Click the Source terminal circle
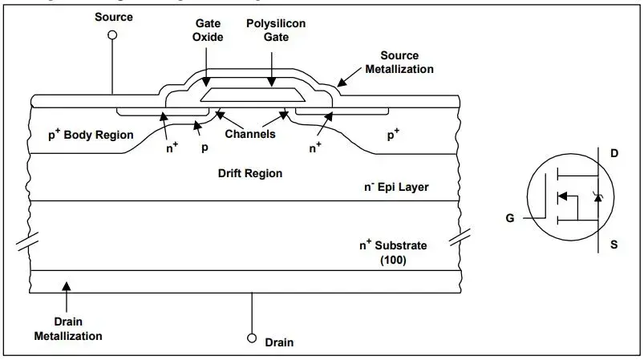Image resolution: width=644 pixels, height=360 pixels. pyautogui.click(x=112, y=35)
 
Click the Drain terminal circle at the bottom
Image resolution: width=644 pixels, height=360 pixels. pyautogui.click(x=252, y=337)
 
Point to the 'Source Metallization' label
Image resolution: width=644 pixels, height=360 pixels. pyautogui.click(x=399, y=63)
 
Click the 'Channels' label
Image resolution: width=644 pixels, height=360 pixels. pyautogui.click(x=250, y=134)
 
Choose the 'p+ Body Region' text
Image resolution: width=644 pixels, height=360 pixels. pyautogui.click(x=91, y=135)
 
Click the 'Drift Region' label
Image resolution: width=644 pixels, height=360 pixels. pyautogui.click(x=250, y=172)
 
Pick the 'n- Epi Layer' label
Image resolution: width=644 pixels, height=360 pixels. pyautogui.click(x=396, y=187)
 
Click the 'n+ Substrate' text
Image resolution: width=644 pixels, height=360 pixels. pyautogui.click(x=393, y=245)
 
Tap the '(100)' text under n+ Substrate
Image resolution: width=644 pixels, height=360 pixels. pyautogui.click(x=393, y=259)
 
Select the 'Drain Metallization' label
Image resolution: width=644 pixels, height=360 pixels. pyautogui.click(x=68, y=329)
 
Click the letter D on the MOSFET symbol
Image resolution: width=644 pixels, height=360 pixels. pyautogui.click(x=614, y=152)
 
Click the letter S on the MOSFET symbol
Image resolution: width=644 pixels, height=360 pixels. pyautogui.click(x=614, y=245)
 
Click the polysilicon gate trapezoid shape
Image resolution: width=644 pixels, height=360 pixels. pyautogui.click(x=253, y=95)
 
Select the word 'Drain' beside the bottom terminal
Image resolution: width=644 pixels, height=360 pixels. pyautogui.click(x=279, y=342)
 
